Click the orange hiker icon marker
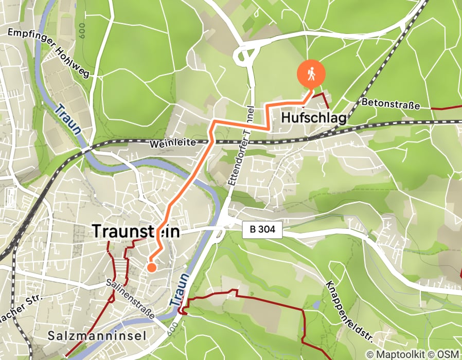(311, 74)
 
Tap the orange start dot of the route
(151, 267)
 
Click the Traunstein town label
(136, 232)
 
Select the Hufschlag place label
(313, 118)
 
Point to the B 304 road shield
(263, 231)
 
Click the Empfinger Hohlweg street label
(48, 53)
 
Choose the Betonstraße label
(390, 103)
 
